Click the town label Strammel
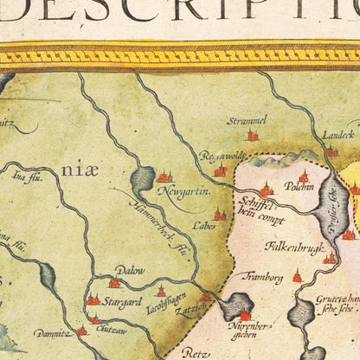(247, 119)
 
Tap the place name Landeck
(338, 134)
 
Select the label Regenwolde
(222, 157)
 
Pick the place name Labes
(204, 225)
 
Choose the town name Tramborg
(264, 278)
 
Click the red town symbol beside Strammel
(253, 135)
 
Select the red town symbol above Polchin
(303, 176)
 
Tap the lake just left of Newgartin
(143, 180)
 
